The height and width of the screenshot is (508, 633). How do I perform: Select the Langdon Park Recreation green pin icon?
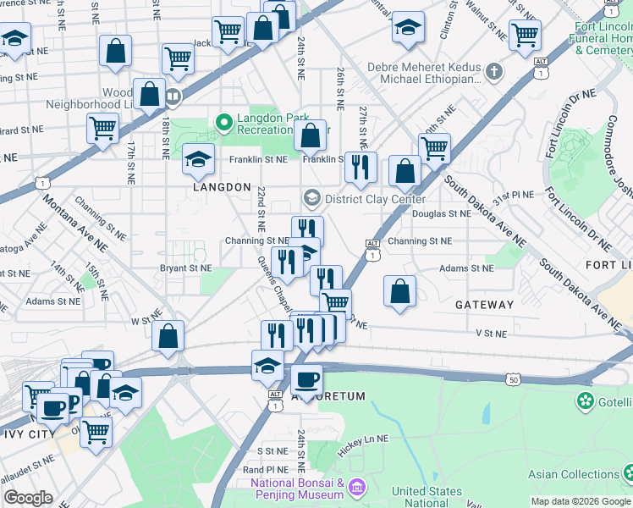(x=224, y=124)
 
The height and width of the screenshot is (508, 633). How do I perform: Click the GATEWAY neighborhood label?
(x=484, y=305)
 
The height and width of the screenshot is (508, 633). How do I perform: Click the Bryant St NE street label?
(x=185, y=268)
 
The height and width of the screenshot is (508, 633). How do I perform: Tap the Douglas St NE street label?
(x=440, y=214)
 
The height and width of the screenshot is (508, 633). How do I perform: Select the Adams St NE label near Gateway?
(x=465, y=268)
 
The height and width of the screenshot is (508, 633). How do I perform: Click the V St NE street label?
(x=490, y=334)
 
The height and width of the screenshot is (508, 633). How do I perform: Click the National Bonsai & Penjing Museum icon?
(x=356, y=488)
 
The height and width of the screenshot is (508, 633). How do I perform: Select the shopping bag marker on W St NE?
(x=168, y=335)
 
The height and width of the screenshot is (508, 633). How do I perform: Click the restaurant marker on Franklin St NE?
(x=361, y=167)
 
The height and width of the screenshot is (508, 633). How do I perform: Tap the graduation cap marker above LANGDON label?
(x=198, y=158)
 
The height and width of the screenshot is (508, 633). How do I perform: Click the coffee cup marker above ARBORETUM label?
(x=306, y=379)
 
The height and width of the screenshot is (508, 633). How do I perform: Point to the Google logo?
(x=29, y=498)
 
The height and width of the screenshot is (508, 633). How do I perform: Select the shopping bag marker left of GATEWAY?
(x=400, y=290)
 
